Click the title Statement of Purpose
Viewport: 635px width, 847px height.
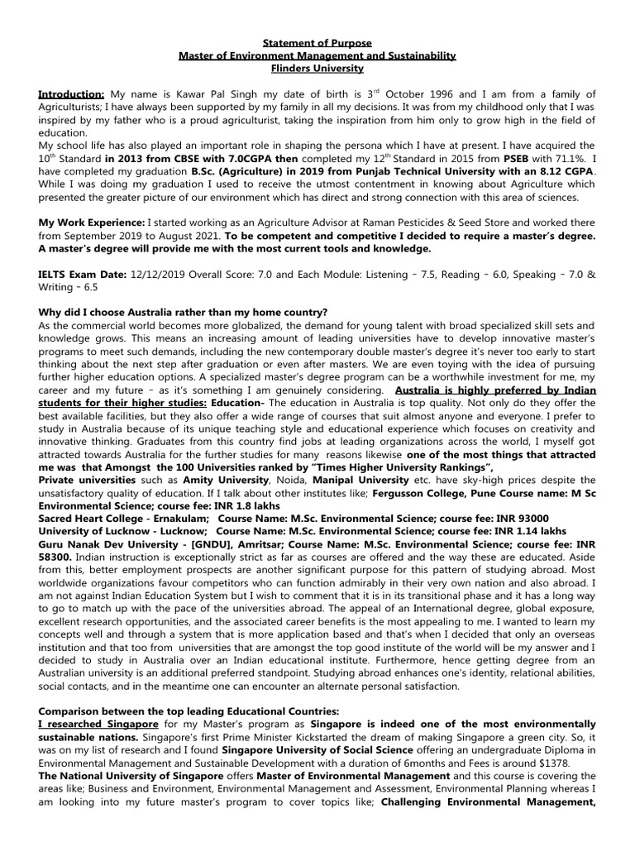[x=317, y=42]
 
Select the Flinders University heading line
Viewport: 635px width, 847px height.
[x=317, y=69]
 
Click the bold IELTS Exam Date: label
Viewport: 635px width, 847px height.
[x=84, y=274]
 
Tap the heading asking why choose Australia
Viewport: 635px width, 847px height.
[x=184, y=312]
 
